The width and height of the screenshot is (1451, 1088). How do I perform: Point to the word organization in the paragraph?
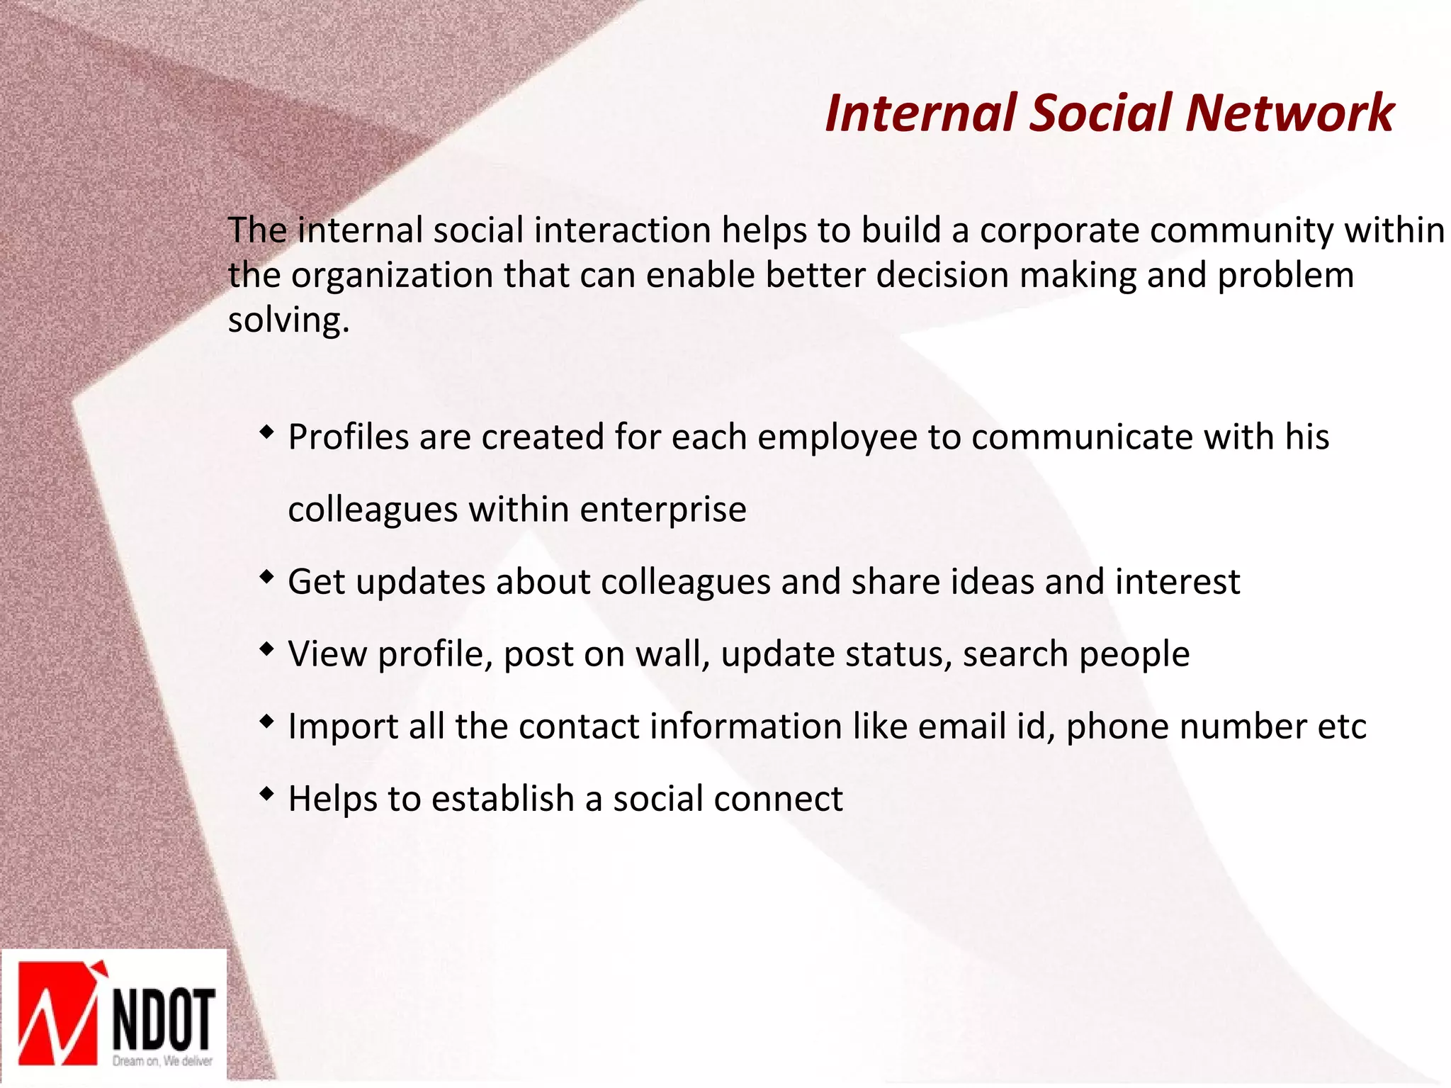(x=392, y=276)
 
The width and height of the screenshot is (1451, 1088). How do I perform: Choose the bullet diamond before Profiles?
(x=266, y=431)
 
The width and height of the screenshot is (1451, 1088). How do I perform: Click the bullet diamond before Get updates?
(x=266, y=577)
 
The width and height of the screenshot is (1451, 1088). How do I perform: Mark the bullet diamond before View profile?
(x=266, y=649)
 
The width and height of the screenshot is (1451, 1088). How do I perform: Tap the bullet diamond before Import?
(x=266, y=722)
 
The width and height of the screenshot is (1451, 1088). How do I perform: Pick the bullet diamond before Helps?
(x=266, y=794)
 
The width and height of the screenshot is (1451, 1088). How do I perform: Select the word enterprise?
(x=663, y=510)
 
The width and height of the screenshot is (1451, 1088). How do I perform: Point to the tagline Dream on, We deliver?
(x=163, y=1061)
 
